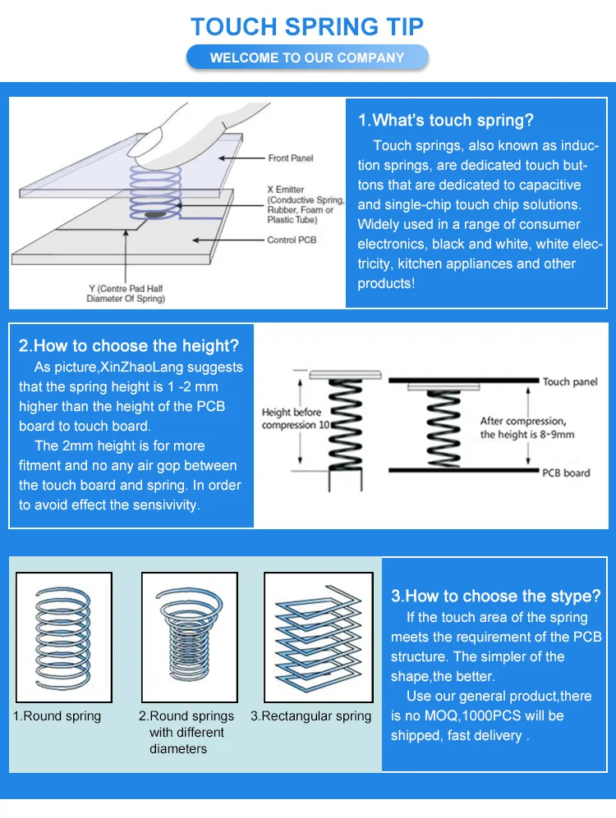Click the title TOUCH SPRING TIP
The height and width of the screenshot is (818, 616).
click(307, 26)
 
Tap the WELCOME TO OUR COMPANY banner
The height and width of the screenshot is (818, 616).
click(307, 57)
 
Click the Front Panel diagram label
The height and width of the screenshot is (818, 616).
click(290, 158)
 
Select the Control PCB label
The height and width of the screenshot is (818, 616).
click(292, 240)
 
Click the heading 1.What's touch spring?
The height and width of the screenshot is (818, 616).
click(445, 121)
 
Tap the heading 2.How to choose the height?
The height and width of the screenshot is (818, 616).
click(129, 345)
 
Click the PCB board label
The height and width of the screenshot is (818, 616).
click(566, 473)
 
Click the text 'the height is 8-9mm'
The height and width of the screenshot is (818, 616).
click(526, 434)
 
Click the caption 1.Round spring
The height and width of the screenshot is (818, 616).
click(57, 716)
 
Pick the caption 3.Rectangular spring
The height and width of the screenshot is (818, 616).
click(310, 716)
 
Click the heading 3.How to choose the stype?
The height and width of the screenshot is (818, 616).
click(496, 596)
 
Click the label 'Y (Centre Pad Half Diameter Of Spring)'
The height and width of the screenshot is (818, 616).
click(126, 294)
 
